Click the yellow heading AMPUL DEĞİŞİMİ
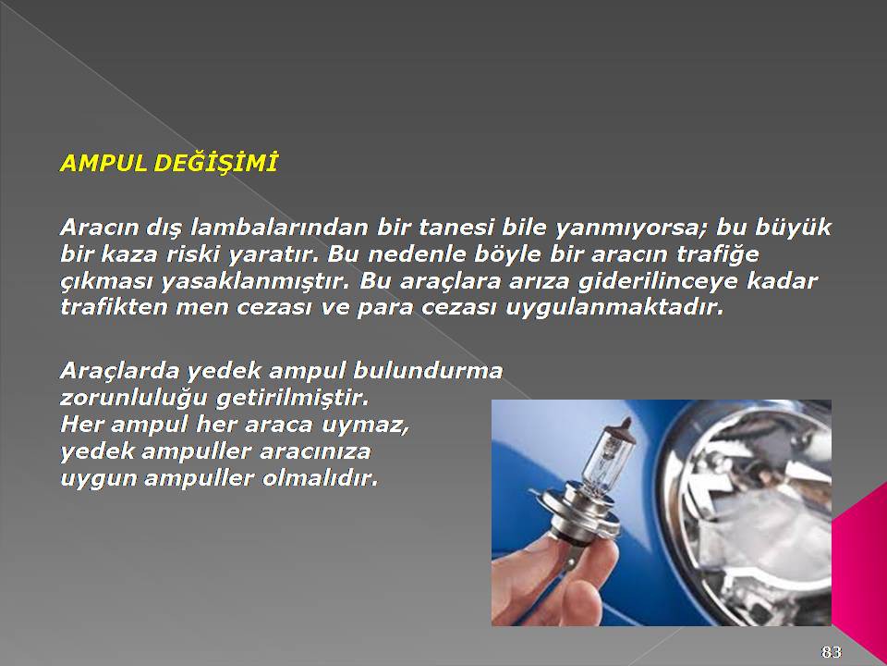[x=168, y=163]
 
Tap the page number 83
[x=831, y=651]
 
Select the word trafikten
[x=113, y=307]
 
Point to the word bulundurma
[x=428, y=370]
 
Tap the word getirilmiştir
[x=293, y=398]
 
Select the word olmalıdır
[x=320, y=478]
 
